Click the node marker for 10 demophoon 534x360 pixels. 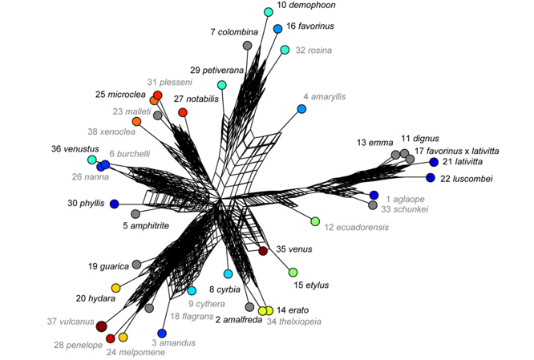(269, 12)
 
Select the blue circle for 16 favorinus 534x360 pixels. (278, 29)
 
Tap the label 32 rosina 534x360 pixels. (314, 51)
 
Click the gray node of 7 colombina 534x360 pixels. (248, 45)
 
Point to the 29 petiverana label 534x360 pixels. (217, 71)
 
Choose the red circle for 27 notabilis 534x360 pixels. (183, 112)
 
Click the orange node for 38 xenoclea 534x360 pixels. (136, 121)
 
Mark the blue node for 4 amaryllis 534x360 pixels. (301, 109)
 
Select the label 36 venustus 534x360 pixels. (75, 149)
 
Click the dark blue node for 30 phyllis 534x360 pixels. (114, 204)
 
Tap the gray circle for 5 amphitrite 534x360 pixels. (136, 214)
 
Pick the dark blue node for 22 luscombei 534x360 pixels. (431, 177)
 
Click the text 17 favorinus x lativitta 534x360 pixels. (457, 151)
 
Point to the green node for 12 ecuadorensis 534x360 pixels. (315, 221)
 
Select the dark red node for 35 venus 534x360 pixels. (263, 251)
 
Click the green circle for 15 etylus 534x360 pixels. (293, 273)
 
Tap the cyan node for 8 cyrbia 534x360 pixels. (229, 273)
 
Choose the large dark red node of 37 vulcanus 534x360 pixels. (102, 326)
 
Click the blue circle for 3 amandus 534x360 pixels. (162, 333)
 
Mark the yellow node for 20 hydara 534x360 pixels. (116, 288)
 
